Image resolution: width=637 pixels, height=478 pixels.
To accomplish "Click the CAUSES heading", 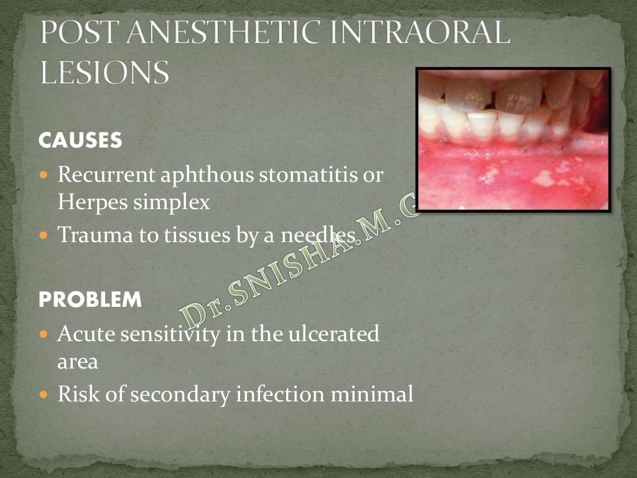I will coord(80,141).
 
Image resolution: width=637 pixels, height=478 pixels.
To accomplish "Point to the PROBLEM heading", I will coord(90,301).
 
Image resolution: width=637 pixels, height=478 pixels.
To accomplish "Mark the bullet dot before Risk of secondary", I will coord(44,395).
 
